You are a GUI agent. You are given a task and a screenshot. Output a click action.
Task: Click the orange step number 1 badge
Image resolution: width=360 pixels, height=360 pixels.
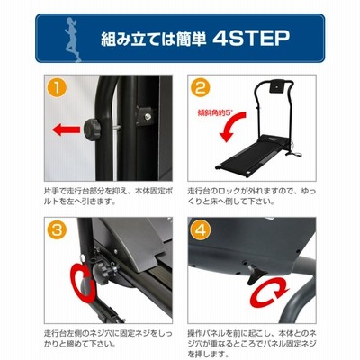click(x=57, y=87)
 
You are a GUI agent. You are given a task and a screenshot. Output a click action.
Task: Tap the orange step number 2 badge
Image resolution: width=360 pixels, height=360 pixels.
click(x=201, y=87)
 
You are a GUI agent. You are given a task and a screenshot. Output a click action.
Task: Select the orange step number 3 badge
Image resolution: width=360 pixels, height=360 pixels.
click(x=57, y=230)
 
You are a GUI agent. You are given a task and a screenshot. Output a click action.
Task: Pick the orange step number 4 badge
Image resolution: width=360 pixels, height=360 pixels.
click(x=201, y=230)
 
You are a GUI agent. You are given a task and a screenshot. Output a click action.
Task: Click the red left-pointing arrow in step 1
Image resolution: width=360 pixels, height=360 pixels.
click(x=67, y=130)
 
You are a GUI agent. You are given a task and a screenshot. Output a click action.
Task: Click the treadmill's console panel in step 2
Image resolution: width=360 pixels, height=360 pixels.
click(x=275, y=86)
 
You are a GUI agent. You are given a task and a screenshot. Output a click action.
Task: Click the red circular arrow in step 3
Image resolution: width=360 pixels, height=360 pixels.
click(x=82, y=282)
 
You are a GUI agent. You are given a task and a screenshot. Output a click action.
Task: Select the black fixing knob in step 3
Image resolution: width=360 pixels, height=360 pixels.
click(x=101, y=274)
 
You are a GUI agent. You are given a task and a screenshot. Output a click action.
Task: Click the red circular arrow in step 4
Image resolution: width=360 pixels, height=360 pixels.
click(x=270, y=292)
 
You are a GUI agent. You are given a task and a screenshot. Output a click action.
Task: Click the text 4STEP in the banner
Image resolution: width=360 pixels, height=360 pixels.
click(x=251, y=38)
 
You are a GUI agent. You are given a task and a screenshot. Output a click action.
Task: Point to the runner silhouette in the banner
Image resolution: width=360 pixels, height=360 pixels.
click(x=72, y=39)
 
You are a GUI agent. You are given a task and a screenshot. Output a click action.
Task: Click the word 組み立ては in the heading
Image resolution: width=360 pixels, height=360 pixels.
click(x=134, y=39)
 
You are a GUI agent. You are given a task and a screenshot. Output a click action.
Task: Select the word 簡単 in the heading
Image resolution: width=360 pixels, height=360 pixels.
click(x=187, y=39)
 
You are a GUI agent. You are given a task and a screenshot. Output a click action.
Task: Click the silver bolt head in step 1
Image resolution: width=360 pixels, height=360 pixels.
click(x=147, y=117)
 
